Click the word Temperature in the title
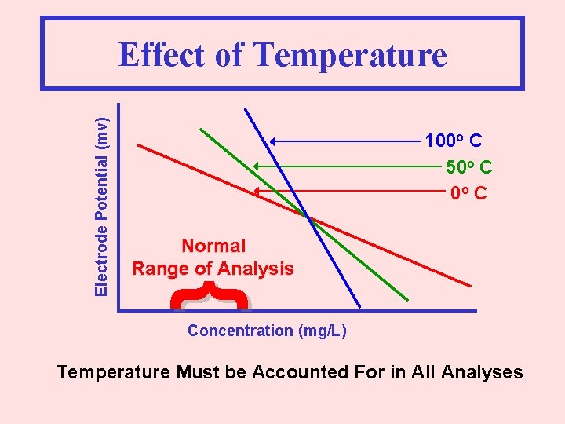tap(350, 56)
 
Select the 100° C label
tap(453, 141)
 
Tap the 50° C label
tap(468, 167)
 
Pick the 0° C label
tap(468, 192)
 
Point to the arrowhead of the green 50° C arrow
tap(255, 166)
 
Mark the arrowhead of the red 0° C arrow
tap(255, 191)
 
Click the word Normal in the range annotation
tap(213, 246)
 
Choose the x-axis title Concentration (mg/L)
tap(267, 331)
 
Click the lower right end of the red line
tap(470, 286)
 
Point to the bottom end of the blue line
tap(359, 305)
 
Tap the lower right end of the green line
tap(407, 299)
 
